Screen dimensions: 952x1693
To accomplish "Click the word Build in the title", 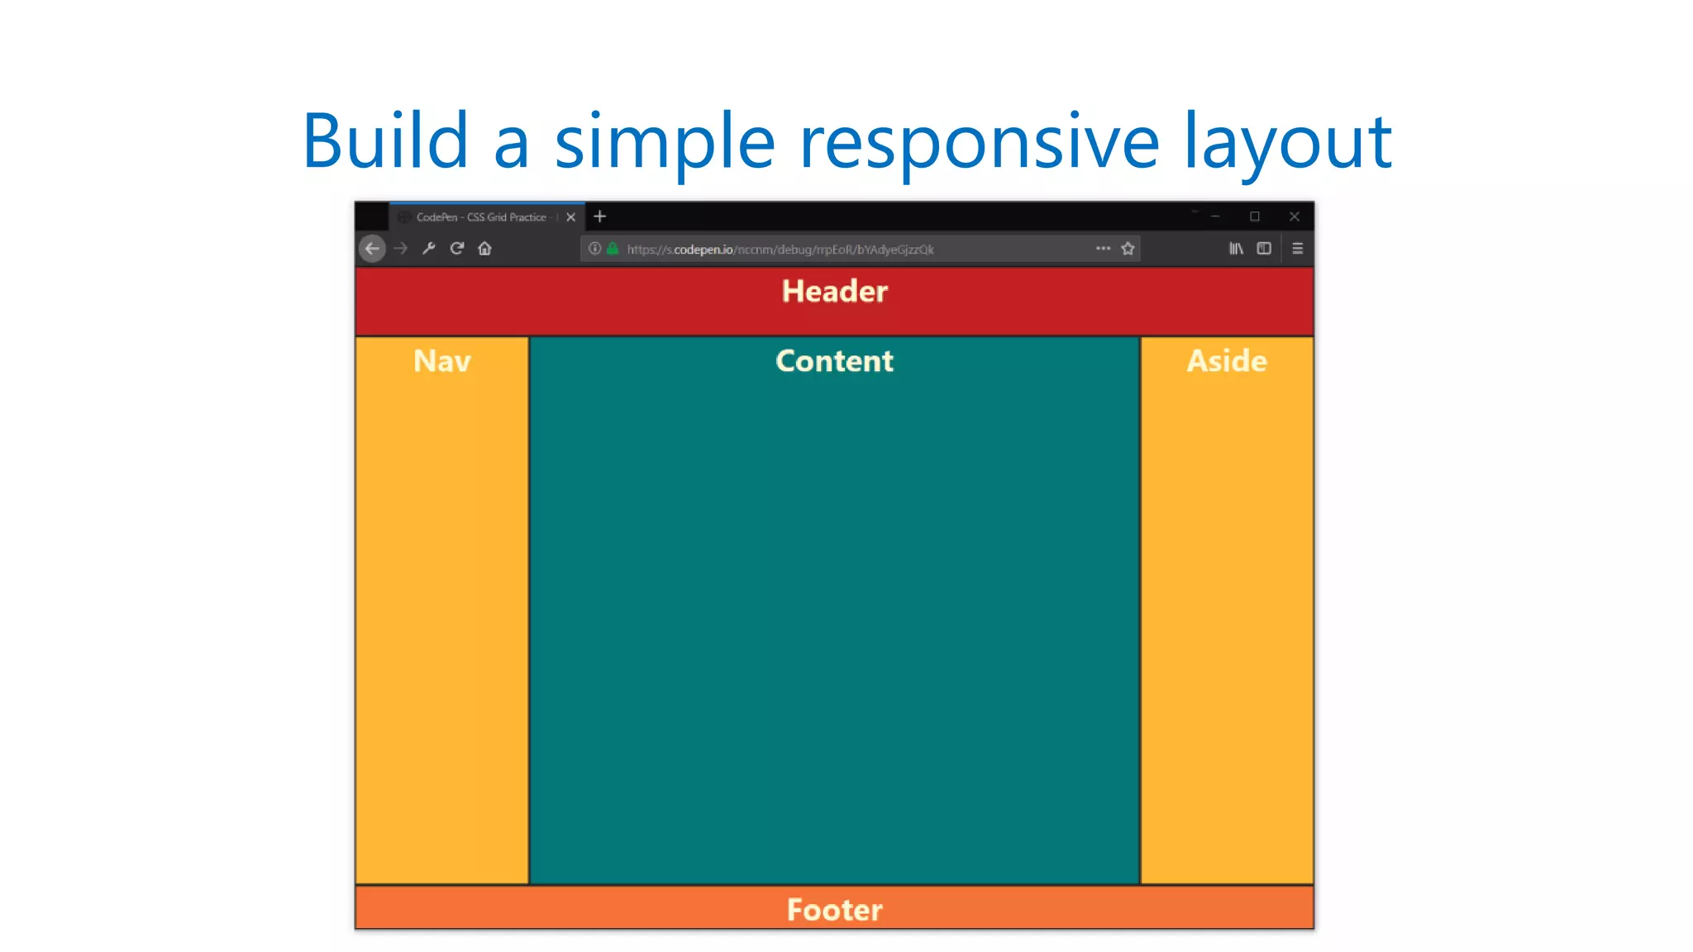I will [386, 141].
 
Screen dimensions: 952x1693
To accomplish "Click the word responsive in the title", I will [980, 141].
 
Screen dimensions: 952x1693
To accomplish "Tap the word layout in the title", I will [1288, 141].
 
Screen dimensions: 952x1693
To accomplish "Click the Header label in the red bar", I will [834, 292].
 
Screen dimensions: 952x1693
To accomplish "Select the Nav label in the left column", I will [441, 361].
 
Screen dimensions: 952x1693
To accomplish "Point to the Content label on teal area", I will [834, 361].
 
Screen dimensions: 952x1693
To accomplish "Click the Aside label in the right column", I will [1227, 361].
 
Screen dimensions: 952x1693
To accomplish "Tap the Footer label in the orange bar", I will [834, 910].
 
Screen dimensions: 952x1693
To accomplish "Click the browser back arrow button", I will [373, 249].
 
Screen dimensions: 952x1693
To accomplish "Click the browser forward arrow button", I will [401, 249].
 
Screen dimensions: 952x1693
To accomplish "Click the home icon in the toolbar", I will [484, 249].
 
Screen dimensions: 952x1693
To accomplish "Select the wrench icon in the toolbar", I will [428, 249].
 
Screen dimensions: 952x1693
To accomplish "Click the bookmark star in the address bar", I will [1128, 249].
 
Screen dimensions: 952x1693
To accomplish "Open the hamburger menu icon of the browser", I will [1297, 249].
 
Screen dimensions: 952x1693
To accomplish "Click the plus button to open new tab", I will [600, 217].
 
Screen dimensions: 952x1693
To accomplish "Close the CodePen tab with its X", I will [570, 217].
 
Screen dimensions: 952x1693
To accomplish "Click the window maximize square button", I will [1255, 217].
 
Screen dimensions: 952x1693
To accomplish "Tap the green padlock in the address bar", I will [613, 249].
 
